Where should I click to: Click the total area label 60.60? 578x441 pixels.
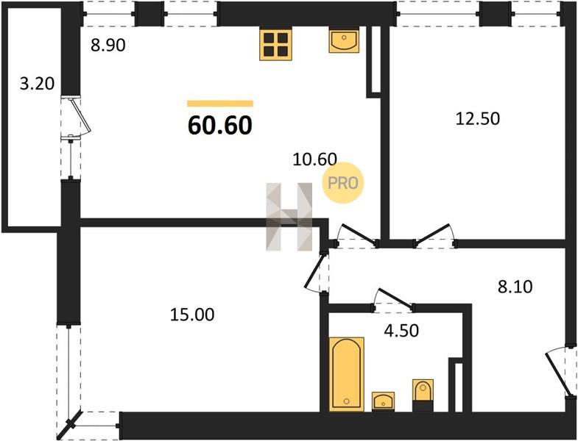pos(220,126)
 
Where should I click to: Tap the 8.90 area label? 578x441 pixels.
pos(108,46)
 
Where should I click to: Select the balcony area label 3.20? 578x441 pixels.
pos(37,84)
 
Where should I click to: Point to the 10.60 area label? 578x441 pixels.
pos(315,159)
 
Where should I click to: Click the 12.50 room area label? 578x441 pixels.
pos(478,118)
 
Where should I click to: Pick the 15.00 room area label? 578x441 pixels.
pos(192,315)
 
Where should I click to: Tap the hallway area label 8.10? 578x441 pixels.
pos(515,287)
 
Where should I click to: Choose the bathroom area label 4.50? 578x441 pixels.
pos(401,331)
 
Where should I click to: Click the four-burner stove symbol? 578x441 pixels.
pos(275,45)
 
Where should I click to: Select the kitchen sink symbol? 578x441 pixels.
pos(344,41)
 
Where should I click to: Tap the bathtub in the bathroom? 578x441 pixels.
pos(347,373)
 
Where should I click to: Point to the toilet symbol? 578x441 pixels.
pos(423,395)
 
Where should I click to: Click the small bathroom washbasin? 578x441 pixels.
pos(383,401)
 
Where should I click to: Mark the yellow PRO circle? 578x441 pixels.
pos(343,183)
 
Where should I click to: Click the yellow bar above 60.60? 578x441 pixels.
pos(220,104)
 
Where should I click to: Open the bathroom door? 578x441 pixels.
pos(395,298)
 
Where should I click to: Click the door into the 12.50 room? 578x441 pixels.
pos(434,234)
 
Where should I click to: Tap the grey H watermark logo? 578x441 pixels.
pos(289,217)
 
